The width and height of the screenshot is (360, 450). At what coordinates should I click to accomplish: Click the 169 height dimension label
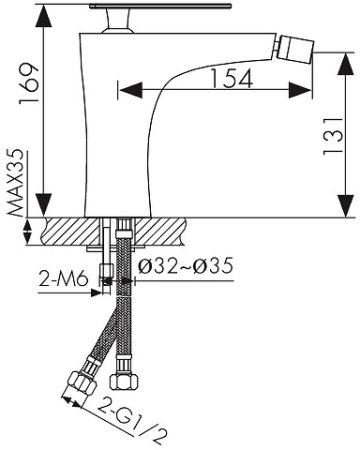(29, 83)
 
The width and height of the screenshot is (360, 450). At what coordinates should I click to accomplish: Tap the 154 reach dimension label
(232, 78)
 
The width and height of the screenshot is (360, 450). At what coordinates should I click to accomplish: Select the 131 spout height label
(332, 136)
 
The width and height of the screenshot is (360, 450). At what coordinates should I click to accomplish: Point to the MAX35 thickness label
(16, 183)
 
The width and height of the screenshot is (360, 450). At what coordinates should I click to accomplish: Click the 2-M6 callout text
(63, 279)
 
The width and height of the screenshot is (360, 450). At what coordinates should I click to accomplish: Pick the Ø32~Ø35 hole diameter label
(186, 266)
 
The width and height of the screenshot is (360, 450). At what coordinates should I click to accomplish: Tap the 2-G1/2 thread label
(131, 421)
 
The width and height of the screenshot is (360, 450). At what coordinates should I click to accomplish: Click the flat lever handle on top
(160, 6)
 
